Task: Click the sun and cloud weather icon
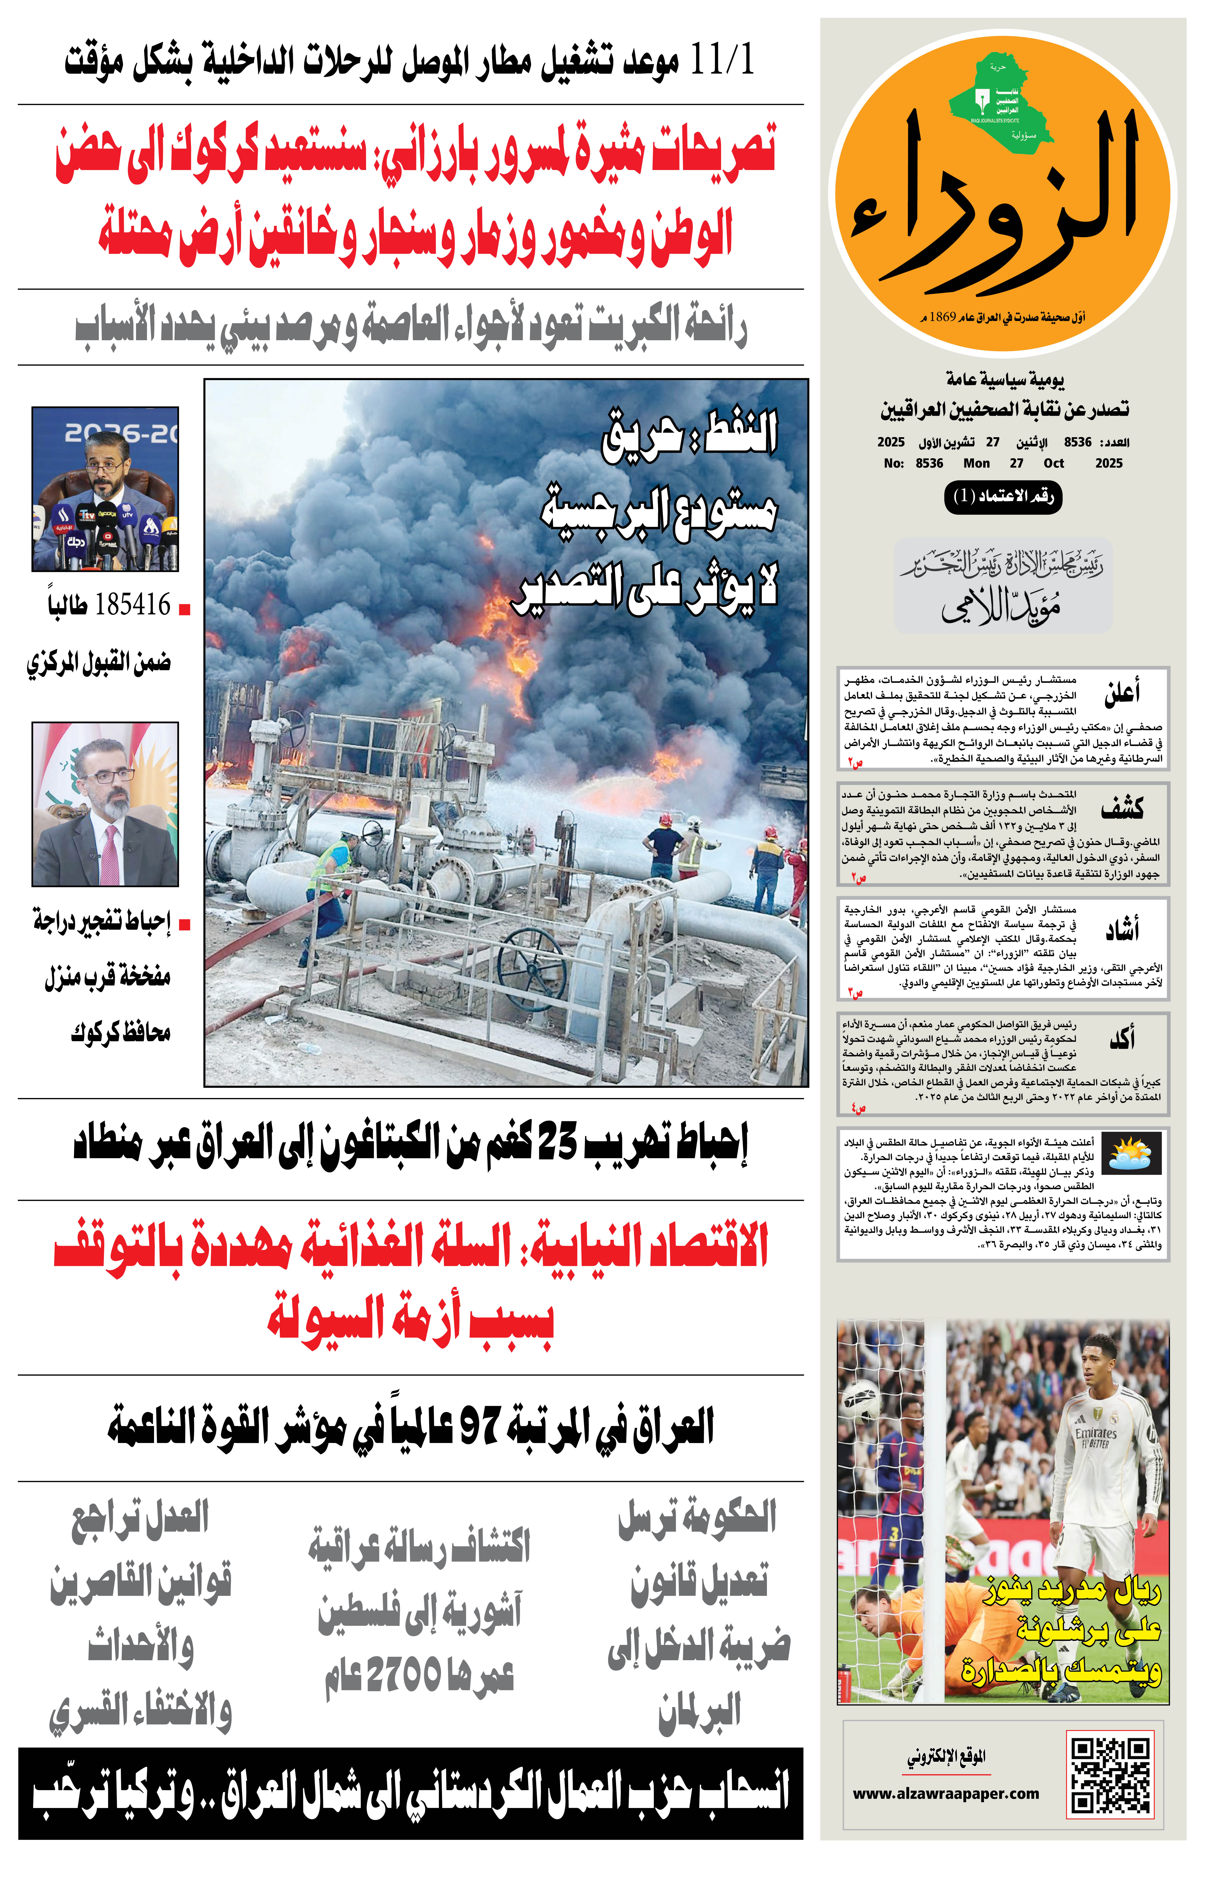point(1135,1152)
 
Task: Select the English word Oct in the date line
point(1053,463)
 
